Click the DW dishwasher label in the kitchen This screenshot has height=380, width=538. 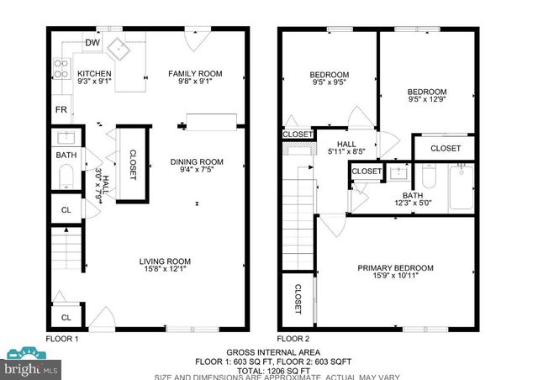click(x=91, y=45)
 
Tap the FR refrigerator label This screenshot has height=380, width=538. click(x=61, y=110)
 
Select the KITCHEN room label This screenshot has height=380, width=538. click(x=94, y=74)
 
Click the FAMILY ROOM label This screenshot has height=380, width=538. click(x=195, y=74)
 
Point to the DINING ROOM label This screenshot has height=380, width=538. click(x=197, y=162)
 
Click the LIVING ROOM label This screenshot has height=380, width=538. click(x=166, y=261)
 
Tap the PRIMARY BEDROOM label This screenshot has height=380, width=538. click(x=395, y=268)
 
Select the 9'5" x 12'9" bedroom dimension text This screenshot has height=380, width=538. click(x=427, y=101)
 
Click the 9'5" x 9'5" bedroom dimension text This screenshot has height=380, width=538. click(x=330, y=82)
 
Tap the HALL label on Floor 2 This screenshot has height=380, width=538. click(x=344, y=144)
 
